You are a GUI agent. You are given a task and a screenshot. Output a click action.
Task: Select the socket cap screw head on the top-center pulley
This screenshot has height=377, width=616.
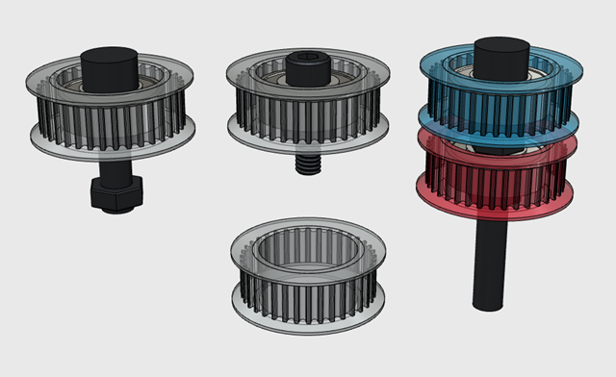coord(306,68)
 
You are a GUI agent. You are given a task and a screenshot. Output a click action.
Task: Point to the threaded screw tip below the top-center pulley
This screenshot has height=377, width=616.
coord(307,163)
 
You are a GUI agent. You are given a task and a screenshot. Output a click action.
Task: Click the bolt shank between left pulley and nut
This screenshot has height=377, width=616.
coord(112,166)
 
